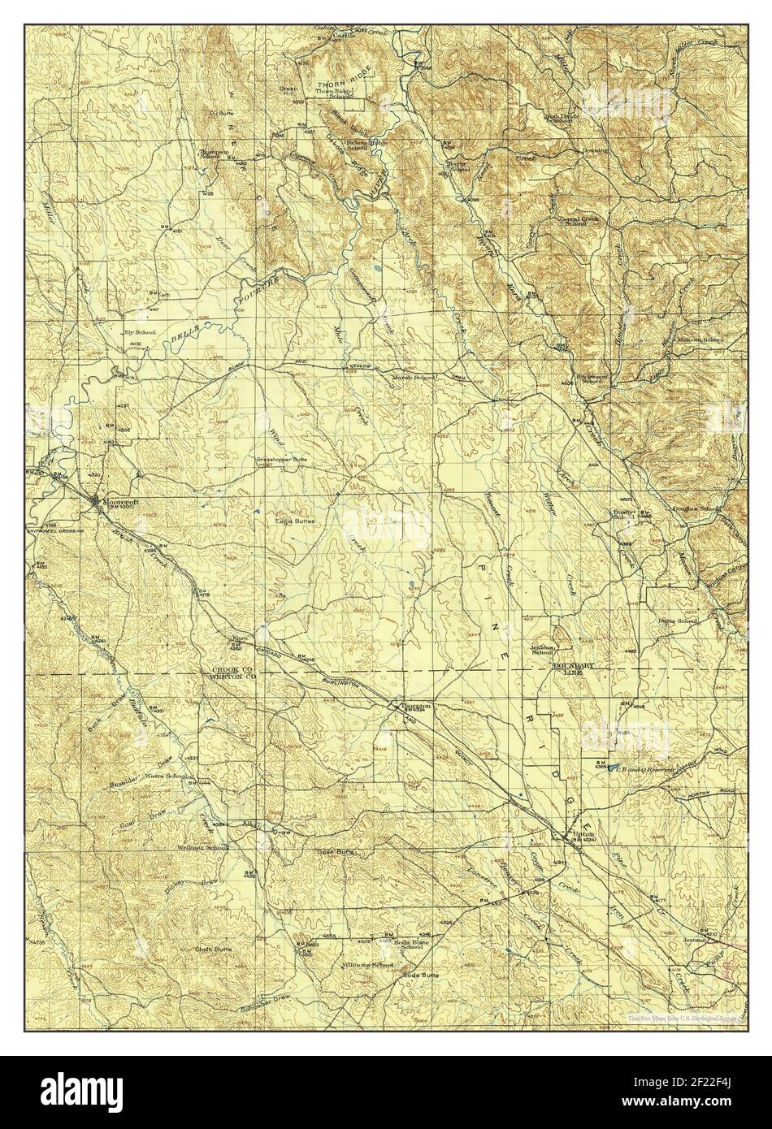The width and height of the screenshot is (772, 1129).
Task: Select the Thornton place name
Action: pos(412,706)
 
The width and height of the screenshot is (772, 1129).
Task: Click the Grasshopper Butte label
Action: pos(280,460)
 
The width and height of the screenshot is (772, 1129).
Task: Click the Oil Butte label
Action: pos(221,113)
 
